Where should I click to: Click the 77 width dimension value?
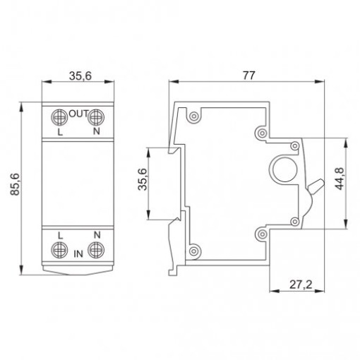(248, 76)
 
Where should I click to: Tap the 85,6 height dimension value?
(16, 184)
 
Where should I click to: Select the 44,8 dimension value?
(340, 179)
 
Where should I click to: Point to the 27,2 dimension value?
(301, 284)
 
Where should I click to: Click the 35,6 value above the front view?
(80, 76)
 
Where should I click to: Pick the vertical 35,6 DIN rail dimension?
(143, 179)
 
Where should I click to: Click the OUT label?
(78, 114)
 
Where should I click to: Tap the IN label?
(78, 254)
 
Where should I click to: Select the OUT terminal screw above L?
(59, 117)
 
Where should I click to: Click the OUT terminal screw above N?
(96, 117)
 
